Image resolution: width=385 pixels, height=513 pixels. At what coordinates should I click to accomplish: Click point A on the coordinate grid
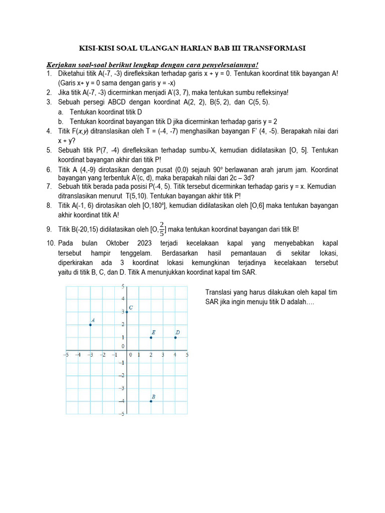(90, 325)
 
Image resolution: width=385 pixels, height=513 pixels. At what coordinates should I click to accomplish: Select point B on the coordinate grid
(151, 401)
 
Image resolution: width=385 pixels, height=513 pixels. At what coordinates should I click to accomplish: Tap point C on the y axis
(127, 312)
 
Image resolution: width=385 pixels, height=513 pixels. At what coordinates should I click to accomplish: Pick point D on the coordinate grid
(175, 337)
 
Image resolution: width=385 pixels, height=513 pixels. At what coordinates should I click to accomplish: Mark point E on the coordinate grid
(151, 337)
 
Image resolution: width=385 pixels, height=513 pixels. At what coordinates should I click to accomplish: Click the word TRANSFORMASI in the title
(272, 48)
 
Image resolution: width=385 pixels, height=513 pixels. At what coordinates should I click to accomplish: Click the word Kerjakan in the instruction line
(61, 65)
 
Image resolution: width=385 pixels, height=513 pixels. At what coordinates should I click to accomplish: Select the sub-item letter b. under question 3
(60, 122)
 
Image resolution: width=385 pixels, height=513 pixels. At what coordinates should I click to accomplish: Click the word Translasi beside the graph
(220, 293)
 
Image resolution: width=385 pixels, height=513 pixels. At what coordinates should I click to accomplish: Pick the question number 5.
(49, 150)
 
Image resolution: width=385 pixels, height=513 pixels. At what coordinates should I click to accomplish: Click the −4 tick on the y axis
(121, 401)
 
